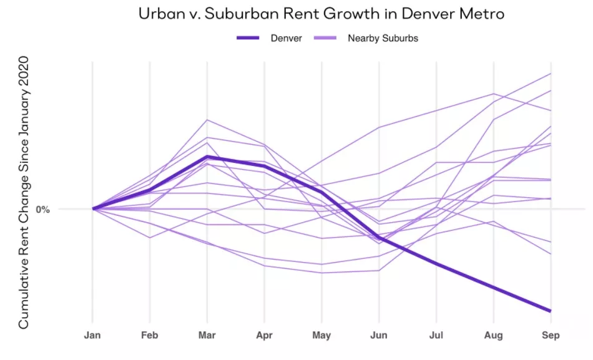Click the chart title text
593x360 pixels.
[296, 14]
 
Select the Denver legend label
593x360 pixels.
[286, 38]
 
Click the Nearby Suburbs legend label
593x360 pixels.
[383, 38]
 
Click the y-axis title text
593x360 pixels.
[24, 193]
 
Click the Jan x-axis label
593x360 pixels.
[93, 336]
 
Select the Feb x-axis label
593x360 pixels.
[150, 336]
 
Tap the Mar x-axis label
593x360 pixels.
[207, 336]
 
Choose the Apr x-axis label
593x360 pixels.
[264, 336]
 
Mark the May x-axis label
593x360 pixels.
[321, 336]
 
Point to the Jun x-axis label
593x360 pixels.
[378, 336]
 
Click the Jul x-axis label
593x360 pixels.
[436, 336]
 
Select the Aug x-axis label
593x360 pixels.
[493, 336]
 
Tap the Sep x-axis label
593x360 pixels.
[550, 336]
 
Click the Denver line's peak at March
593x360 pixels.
[207, 157]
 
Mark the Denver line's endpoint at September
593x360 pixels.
[550, 310]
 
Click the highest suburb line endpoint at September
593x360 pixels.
[550, 74]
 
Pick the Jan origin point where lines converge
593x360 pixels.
[93, 209]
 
